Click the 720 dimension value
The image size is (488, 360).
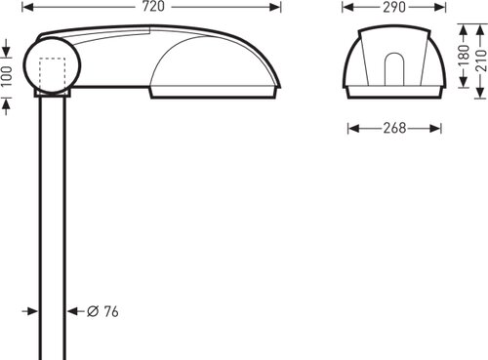[x=153, y=7]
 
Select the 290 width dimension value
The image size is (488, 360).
[x=394, y=7]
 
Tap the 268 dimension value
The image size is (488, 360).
[x=394, y=128]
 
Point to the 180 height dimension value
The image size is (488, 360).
[x=464, y=56]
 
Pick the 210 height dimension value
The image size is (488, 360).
[x=481, y=60]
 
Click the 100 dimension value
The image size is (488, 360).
[x=7, y=76]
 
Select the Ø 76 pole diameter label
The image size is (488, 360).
[x=102, y=311]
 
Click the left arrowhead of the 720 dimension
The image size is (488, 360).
[x=28, y=7]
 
